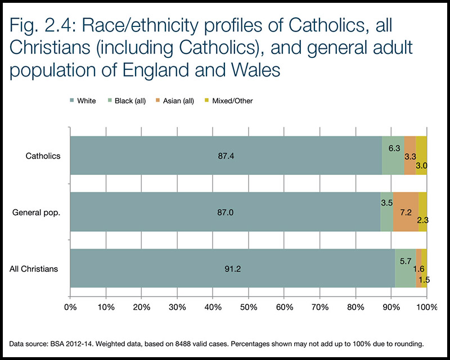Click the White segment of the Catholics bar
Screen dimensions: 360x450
pyautogui.click(x=225, y=155)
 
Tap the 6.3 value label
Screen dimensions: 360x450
pyautogui.click(x=394, y=147)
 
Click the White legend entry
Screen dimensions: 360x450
pyautogui.click(x=83, y=101)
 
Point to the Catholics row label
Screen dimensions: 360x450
pyautogui.click(x=43, y=156)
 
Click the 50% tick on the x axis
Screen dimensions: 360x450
pyautogui.click(x=249, y=307)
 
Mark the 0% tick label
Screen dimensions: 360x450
pyautogui.click(x=70, y=307)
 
